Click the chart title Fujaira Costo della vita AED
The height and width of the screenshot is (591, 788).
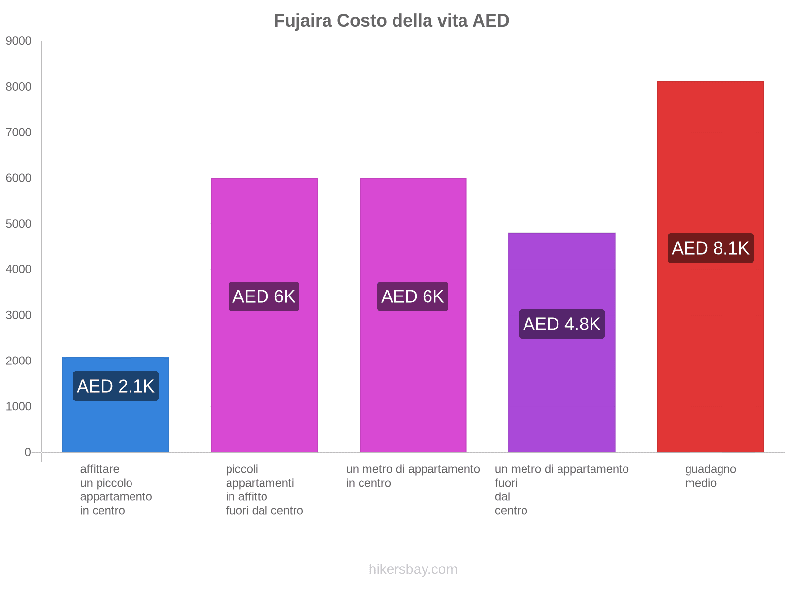tap(392, 21)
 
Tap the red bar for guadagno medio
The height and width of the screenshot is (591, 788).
tap(710, 345)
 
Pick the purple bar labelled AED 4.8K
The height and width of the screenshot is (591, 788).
tap(561, 384)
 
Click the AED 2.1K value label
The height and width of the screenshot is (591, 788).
tap(116, 386)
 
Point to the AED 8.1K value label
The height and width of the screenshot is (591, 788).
tap(710, 248)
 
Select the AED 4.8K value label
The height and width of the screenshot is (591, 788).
tap(561, 324)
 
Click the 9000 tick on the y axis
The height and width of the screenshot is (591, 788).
tap(19, 41)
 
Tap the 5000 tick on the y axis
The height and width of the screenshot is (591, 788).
tap(19, 224)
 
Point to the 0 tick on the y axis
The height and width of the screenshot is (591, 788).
tap(28, 452)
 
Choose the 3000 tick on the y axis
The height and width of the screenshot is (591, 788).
tap(19, 315)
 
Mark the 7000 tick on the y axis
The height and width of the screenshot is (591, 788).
tap(19, 132)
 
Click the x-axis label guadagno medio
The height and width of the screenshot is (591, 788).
tap(710, 476)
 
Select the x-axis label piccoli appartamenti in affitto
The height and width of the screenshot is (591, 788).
tap(264, 490)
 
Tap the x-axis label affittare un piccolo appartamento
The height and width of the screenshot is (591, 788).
tap(116, 490)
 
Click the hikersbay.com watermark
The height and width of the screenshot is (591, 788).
tap(413, 569)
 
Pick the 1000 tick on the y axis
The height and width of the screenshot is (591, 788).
tap(19, 407)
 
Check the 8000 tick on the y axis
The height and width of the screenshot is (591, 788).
tap(19, 87)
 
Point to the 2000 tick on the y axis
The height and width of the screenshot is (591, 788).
tap(19, 361)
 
